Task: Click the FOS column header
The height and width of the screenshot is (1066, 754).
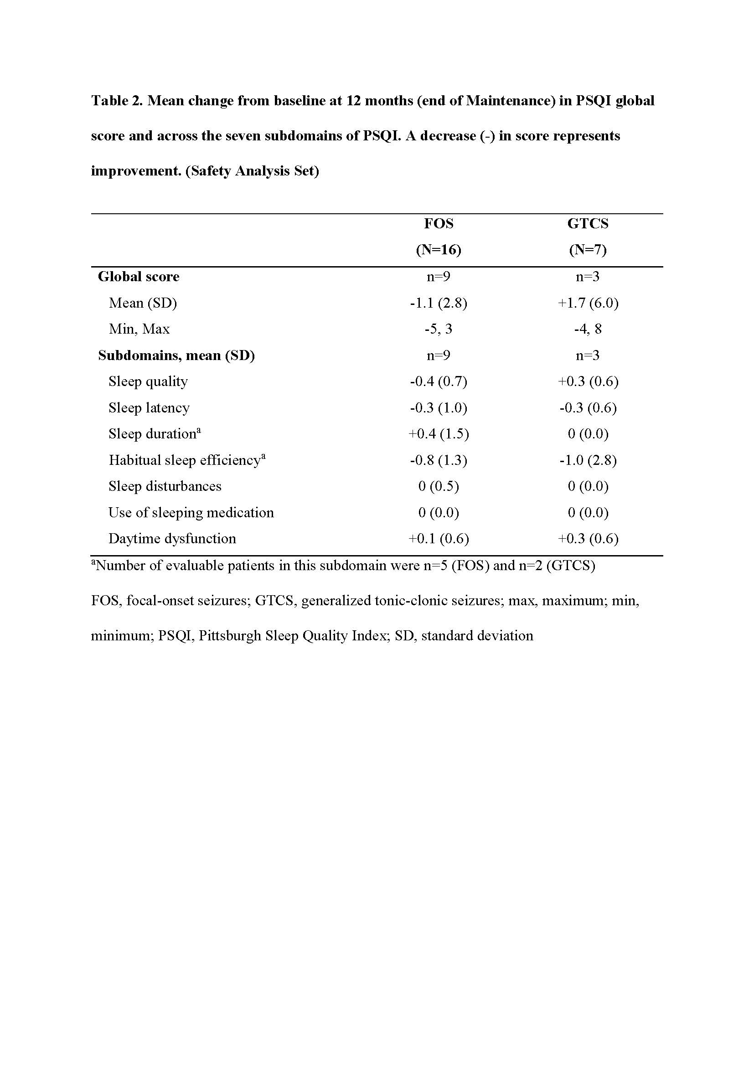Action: (438, 224)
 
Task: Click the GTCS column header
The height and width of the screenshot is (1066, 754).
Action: (587, 224)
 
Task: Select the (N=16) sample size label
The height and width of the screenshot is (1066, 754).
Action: (438, 250)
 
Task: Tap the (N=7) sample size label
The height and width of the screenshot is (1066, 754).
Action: (587, 250)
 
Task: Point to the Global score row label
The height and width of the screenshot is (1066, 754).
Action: (139, 277)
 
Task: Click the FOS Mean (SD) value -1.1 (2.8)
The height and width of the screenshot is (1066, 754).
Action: (438, 303)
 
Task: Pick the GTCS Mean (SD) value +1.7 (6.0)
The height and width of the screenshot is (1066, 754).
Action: (588, 303)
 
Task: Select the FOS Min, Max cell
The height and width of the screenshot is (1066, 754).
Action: (438, 329)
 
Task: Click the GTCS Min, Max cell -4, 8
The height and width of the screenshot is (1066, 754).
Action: (588, 329)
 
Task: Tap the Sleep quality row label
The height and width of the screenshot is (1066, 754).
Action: (148, 381)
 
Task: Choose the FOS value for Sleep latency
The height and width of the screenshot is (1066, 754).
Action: (438, 408)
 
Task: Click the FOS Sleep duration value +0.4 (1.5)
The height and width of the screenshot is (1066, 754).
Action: (438, 434)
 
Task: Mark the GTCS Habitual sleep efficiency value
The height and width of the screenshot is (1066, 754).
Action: (588, 460)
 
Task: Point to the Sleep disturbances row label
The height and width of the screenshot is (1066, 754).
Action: (165, 486)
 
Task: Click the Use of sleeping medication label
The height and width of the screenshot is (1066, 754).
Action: (191, 513)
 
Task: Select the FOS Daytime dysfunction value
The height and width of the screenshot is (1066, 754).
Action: (438, 539)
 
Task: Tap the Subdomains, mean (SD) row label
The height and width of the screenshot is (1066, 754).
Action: (176, 355)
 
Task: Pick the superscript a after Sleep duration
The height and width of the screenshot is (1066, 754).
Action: (199, 430)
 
